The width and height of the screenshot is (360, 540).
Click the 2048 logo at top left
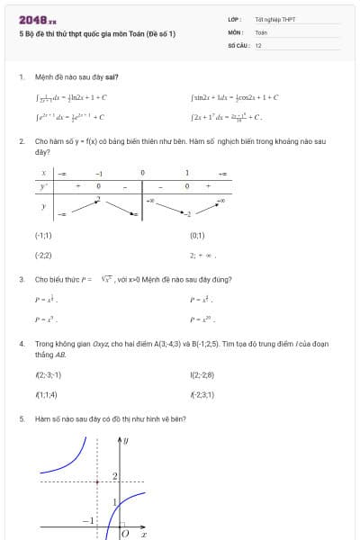[37, 19]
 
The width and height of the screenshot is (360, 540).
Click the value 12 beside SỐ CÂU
[258, 44]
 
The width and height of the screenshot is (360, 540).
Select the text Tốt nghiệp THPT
[273, 19]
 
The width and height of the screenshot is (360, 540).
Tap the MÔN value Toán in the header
[261, 31]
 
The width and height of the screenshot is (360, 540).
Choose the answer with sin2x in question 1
[234, 97]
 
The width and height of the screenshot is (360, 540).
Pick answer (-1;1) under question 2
[43, 235]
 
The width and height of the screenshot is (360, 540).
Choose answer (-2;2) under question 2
[43, 256]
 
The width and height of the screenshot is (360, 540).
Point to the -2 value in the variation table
[187, 214]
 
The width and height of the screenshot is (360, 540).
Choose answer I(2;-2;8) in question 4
[202, 374]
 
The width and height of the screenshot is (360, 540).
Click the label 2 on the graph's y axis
[115, 475]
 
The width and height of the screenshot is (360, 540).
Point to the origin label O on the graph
[125, 533]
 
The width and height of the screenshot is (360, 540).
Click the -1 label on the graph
[88, 521]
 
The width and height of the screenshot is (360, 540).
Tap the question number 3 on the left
[21, 279]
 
